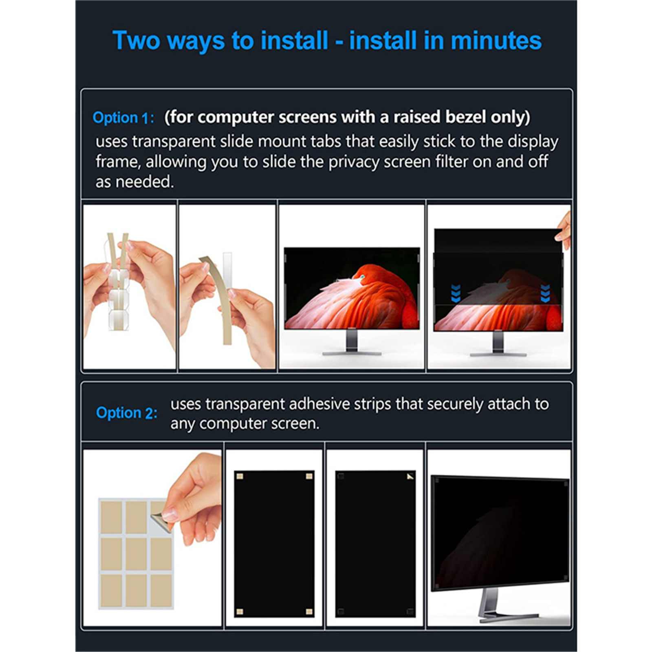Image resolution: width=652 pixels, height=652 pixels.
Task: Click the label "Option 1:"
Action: pyautogui.click(x=123, y=118)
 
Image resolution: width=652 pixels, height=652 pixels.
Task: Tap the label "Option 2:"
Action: pyautogui.click(x=127, y=413)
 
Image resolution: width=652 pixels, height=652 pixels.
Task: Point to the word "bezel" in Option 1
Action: pyautogui.click(x=466, y=117)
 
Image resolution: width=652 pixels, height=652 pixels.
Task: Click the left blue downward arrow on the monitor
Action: pyautogui.click(x=456, y=293)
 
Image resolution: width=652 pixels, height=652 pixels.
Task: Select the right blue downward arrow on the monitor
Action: pyautogui.click(x=545, y=293)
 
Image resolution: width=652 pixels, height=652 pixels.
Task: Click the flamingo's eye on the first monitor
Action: pyautogui.click(x=362, y=278)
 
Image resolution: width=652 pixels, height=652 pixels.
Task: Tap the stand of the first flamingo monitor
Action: pyautogui.click(x=352, y=342)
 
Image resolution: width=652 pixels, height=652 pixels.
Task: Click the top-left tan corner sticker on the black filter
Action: pyautogui.click(x=240, y=476)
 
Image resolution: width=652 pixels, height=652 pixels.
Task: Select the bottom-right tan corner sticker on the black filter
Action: pyautogui.click(x=309, y=612)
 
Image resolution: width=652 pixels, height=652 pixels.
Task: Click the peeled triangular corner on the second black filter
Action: pyautogui.click(x=410, y=476)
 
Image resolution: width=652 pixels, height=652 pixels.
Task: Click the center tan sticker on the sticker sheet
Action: pyautogui.click(x=136, y=554)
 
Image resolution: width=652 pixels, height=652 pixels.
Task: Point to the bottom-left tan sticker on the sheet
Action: pyautogui.click(x=111, y=590)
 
